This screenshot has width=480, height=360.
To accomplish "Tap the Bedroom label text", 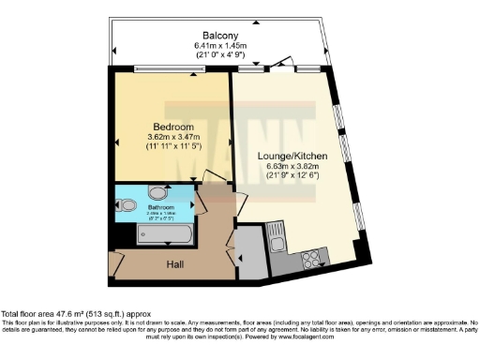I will pos(173,126).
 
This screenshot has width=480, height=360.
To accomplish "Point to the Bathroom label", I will pos(155,207).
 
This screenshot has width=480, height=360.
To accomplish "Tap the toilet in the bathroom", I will pos(128,205).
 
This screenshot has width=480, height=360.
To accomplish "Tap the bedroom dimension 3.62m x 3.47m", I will pos(173,137).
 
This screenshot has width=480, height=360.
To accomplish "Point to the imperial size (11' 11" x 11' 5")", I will pos(173,147).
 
